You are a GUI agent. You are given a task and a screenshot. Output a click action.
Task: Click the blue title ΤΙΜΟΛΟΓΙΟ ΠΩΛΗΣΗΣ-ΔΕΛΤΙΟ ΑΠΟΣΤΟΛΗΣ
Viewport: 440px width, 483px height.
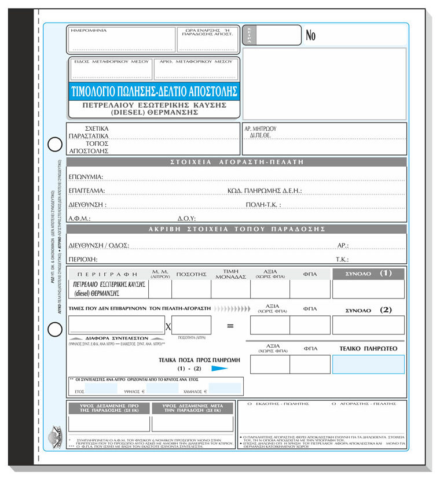click(153, 91)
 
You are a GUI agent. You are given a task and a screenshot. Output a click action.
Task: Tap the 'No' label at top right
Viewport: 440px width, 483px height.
click(311, 36)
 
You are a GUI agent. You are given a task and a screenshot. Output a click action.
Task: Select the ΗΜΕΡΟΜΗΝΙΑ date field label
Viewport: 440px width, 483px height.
click(89, 30)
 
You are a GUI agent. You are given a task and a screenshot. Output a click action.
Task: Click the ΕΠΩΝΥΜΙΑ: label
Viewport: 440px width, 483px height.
click(85, 176)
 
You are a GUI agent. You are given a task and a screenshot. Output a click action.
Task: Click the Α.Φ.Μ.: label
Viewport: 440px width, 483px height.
click(79, 219)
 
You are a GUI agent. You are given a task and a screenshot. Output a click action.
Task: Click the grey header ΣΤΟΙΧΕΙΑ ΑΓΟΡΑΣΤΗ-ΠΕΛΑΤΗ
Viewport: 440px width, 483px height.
click(237, 162)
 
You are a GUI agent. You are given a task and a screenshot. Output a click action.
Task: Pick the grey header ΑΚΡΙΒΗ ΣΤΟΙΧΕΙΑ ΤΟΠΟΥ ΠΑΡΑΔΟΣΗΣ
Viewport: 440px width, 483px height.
click(237, 229)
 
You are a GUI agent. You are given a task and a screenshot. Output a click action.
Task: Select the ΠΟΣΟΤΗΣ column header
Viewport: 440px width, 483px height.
click(192, 274)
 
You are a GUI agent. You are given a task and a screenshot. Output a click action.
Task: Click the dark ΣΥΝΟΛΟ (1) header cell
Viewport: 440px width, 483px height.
click(368, 273)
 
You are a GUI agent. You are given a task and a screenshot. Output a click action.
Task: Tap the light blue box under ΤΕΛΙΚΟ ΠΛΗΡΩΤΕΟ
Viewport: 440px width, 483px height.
click(368, 364)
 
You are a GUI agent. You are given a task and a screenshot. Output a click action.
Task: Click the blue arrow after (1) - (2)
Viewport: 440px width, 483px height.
click(220, 368)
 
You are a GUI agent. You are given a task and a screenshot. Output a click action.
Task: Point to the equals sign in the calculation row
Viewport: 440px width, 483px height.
click(230, 326)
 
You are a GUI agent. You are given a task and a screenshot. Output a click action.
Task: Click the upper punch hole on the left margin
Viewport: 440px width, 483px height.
click(54, 143)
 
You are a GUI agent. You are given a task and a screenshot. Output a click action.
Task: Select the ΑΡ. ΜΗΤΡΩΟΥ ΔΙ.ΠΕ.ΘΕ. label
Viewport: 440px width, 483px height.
click(261, 132)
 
